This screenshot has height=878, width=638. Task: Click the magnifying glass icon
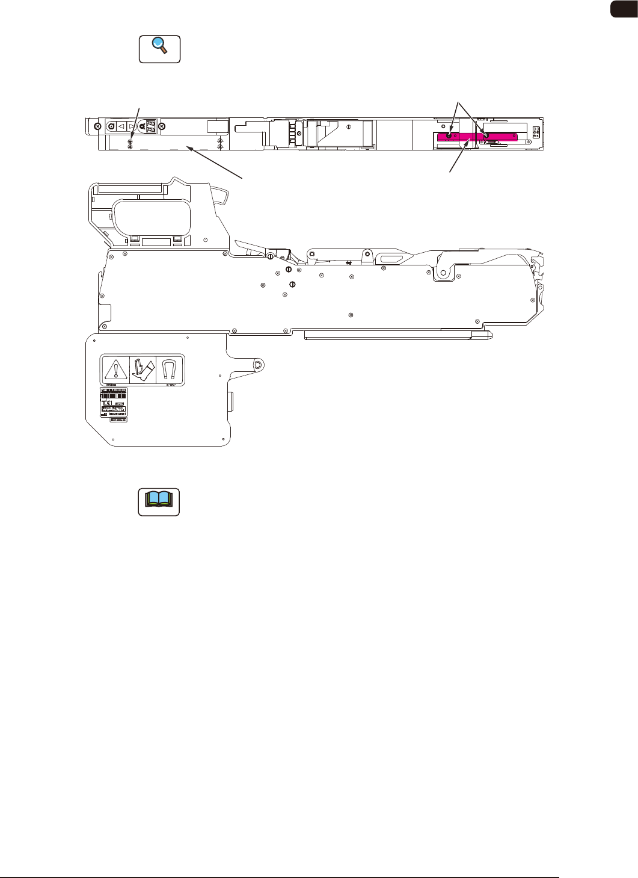[x=160, y=49]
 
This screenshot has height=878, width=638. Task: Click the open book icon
[x=159, y=501]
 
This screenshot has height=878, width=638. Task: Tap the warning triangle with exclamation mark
[x=114, y=368]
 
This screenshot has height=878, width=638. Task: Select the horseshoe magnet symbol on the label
[x=170, y=368]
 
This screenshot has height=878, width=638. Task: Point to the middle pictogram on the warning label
[x=143, y=369]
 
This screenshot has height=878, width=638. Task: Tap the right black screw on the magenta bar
[x=486, y=137]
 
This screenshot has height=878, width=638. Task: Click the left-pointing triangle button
[x=121, y=126]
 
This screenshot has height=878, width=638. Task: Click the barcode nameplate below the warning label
[x=113, y=403]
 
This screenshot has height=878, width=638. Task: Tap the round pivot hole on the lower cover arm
[x=257, y=365]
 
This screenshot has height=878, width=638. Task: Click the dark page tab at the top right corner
[x=625, y=8]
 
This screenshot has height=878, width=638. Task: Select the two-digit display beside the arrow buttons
[x=151, y=126]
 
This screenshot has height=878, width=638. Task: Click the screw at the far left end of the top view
[x=97, y=126]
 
